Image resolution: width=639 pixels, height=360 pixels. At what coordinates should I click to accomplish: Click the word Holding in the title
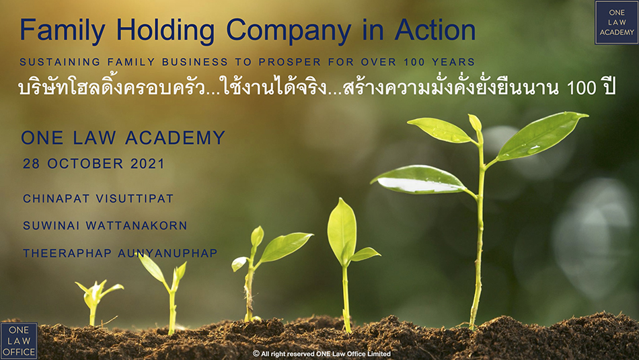click(165, 30)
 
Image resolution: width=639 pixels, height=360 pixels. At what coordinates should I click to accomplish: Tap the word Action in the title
click(436, 30)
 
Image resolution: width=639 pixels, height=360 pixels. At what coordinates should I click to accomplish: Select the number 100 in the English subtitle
click(414, 62)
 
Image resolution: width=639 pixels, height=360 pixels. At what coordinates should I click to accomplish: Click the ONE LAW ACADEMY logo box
click(617, 22)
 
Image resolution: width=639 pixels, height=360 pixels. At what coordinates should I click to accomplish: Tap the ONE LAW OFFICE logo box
click(19, 341)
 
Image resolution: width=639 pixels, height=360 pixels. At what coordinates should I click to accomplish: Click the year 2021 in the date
click(147, 164)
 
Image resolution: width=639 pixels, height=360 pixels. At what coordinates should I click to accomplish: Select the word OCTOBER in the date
click(85, 164)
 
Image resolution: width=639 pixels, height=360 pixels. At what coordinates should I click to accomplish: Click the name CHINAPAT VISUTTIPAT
click(98, 199)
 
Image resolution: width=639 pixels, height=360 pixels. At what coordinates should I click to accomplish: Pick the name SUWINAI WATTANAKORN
click(105, 225)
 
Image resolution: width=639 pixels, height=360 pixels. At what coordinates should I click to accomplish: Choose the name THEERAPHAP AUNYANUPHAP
click(120, 253)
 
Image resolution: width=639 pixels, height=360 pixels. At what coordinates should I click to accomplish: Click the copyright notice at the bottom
click(322, 354)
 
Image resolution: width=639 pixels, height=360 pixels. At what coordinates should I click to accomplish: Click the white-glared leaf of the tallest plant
click(418, 180)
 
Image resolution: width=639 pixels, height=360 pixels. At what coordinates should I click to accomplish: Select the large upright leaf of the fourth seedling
click(342, 231)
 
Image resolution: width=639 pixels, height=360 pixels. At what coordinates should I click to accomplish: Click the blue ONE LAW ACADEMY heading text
click(123, 137)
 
